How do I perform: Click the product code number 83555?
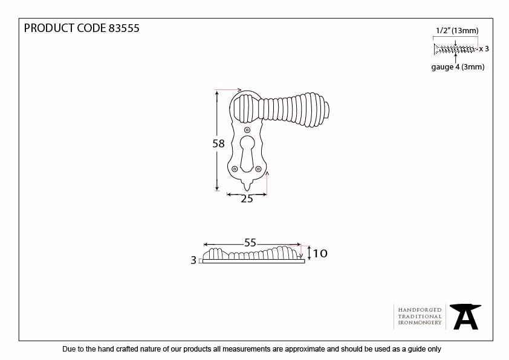tap(124, 28)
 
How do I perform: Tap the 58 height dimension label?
tap(218, 143)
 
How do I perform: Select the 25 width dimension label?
tap(247, 199)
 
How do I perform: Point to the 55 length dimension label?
tap(250, 243)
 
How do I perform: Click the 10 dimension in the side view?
tap(320, 253)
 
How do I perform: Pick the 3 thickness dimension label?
tap(193, 260)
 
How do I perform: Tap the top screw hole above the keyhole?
tap(247, 130)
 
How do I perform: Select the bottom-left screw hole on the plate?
tap(235, 169)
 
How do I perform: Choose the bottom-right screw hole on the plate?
tap(258, 169)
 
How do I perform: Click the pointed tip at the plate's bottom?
tap(247, 191)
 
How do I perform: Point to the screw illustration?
tap(455, 50)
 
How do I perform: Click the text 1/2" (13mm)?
tap(457, 31)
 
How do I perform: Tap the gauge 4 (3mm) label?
tap(458, 67)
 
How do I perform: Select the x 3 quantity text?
tap(484, 49)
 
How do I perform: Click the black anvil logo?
tap(465, 317)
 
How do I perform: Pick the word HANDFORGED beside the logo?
tap(420, 310)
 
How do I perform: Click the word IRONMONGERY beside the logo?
tap(420, 323)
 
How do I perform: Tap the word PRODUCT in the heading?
tap(49, 28)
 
